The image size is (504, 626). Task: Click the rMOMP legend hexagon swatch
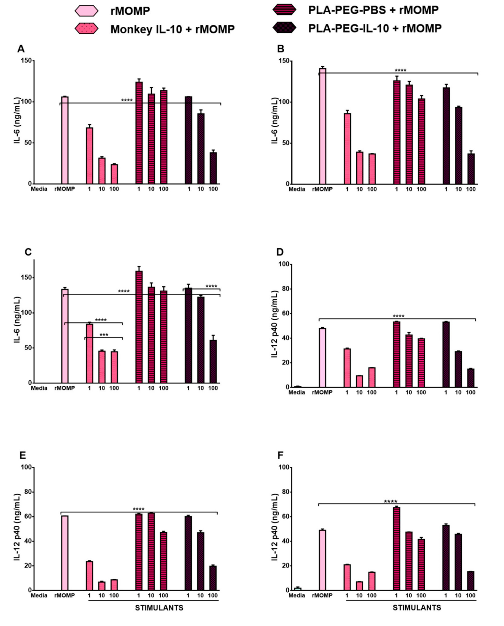(87, 11)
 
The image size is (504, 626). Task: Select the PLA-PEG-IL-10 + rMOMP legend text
(375, 28)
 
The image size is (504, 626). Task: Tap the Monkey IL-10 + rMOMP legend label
(173, 29)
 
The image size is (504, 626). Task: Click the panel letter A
(21, 49)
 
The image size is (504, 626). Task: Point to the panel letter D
(280, 252)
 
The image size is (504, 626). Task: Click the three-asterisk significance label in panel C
(104, 335)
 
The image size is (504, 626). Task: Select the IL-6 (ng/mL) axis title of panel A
(18, 121)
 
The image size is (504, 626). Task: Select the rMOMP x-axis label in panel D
(322, 393)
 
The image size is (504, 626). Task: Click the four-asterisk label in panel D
(398, 316)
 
